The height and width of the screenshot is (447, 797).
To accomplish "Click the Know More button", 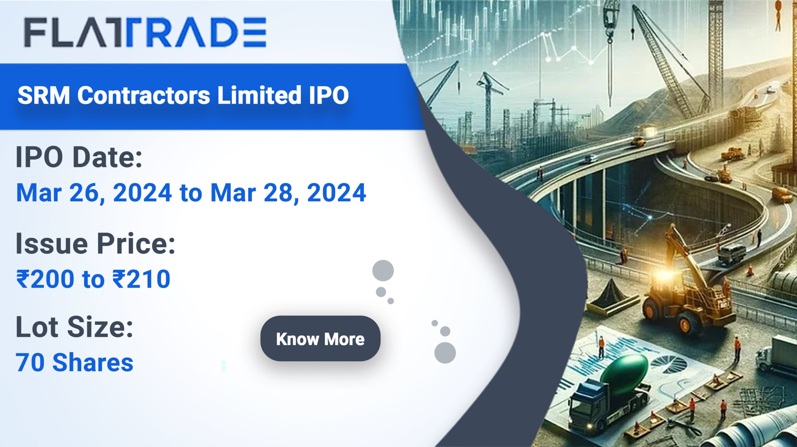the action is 320,339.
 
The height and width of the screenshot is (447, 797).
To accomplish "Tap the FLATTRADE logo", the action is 145,32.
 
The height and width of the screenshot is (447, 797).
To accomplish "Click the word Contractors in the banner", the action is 144,95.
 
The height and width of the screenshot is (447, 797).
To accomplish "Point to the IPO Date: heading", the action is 79,157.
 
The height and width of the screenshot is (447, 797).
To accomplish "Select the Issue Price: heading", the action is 96,243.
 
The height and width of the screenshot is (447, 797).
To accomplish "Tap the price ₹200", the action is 45,279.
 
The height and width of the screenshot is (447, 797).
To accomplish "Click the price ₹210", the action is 141,279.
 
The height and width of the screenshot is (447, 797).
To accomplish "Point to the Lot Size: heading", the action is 74,327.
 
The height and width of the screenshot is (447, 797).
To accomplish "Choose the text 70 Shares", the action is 75,362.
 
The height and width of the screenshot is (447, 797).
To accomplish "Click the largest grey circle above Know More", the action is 383,270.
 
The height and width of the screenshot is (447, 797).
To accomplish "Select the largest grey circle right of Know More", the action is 445,353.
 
